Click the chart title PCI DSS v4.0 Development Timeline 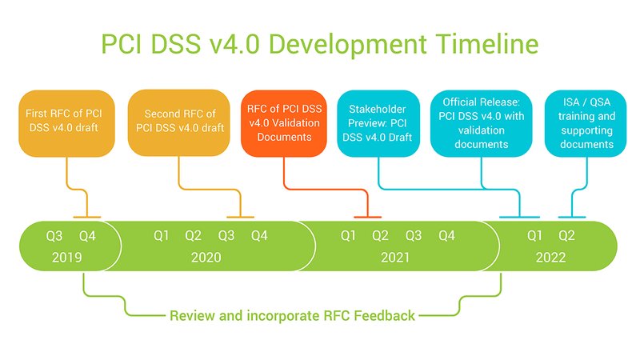[x=320, y=44]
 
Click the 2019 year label [x=66, y=258]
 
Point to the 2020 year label [x=206, y=258]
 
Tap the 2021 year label [x=394, y=258]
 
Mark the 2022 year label [x=550, y=258]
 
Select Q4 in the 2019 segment [x=87, y=236]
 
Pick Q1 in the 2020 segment [x=162, y=236]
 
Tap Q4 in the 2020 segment [x=259, y=236]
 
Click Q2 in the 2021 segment [x=380, y=236]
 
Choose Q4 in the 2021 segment [x=446, y=236]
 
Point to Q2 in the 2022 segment [x=566, y=236]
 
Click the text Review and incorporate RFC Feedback [x=292, y=315]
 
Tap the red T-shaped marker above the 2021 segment [x=367, y=216]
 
